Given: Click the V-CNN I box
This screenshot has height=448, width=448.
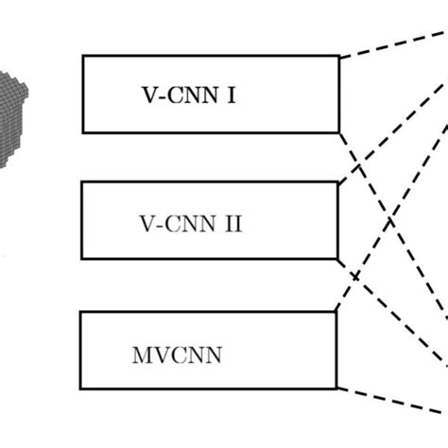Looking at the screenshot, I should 210,94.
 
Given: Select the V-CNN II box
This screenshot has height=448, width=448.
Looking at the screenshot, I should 210,220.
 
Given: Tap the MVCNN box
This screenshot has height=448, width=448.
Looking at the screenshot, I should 208,350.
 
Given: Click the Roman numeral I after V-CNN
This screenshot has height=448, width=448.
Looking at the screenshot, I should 232,95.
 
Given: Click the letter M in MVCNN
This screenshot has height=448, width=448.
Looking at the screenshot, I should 139,357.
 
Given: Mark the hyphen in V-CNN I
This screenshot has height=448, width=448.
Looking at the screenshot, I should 159,95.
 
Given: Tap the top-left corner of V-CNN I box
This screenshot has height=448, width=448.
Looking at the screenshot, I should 83,56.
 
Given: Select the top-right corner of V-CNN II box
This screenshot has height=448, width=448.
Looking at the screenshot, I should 338,182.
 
